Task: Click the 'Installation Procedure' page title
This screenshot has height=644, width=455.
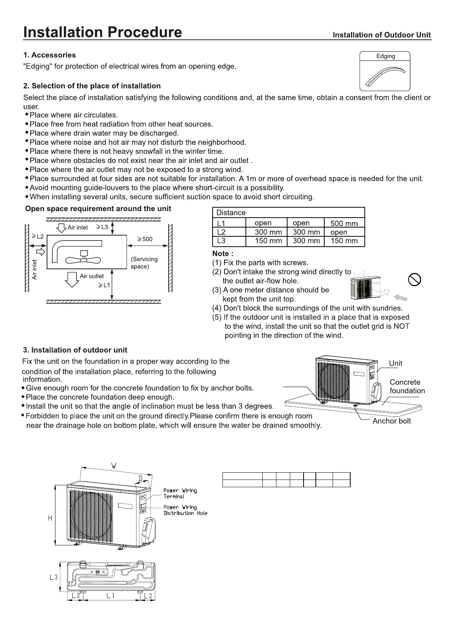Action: (x=102, y=32)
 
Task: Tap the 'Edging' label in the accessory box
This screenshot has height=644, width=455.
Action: (x=385, y=56)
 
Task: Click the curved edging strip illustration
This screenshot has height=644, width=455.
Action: (x=385, y=76)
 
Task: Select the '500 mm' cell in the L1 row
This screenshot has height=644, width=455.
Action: (x=344, y=223)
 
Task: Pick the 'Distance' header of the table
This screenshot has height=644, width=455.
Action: (x=231, y=213)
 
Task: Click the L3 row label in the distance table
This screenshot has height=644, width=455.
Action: (x=221, y=241)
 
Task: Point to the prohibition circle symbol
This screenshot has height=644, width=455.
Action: (x=414, y=280)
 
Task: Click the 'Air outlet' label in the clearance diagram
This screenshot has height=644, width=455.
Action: (x=91, y=276)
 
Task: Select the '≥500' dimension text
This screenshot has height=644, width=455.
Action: (x=145, y=239)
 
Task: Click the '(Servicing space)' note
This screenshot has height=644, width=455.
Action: (x=144, y=263)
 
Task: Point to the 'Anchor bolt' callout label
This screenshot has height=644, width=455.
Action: (x=392, y=421)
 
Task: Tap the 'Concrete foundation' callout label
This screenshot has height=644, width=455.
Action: (x=407, y=386)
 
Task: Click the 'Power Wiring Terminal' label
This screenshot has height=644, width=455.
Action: (x=180, y=493)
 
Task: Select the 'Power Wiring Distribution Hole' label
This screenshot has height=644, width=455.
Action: (x=185, y=510)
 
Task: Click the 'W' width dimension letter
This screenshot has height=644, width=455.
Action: (x=114, y=466)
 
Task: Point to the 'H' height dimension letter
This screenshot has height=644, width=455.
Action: (x=50, y=518)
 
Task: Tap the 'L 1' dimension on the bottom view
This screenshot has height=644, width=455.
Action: (x=110, y=595)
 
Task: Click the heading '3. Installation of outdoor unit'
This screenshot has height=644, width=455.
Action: (x=75, y=350)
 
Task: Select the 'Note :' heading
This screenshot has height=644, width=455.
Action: (x=223, y=254)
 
